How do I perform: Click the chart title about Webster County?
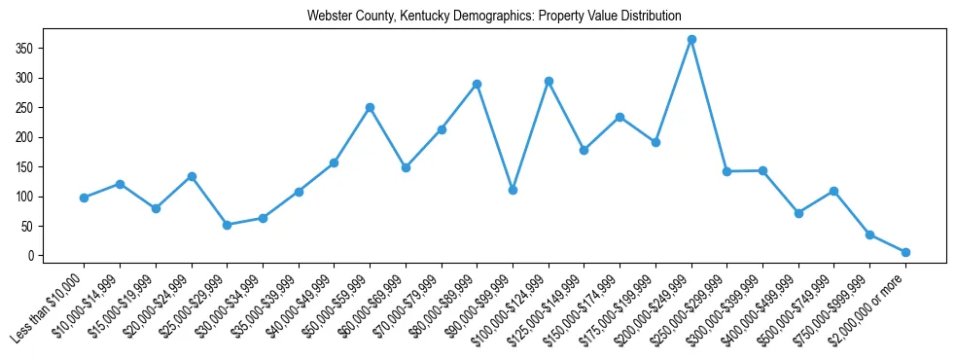(x=494, y=16)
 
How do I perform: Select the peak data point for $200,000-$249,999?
(x=691, y=40)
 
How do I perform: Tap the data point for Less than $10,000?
(x=85, y=198)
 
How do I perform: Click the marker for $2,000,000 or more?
(x=905, y=252)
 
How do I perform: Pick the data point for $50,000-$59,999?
(x=370, y=107)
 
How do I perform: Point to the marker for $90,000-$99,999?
(x=513, y=190)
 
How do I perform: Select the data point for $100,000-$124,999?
(x=549, y=81)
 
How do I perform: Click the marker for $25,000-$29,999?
(x=227, y=225)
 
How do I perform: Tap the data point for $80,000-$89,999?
(x=477, y=84)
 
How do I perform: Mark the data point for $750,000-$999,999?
(x=869, y=234)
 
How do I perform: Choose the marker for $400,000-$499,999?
(x=798, y=213)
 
